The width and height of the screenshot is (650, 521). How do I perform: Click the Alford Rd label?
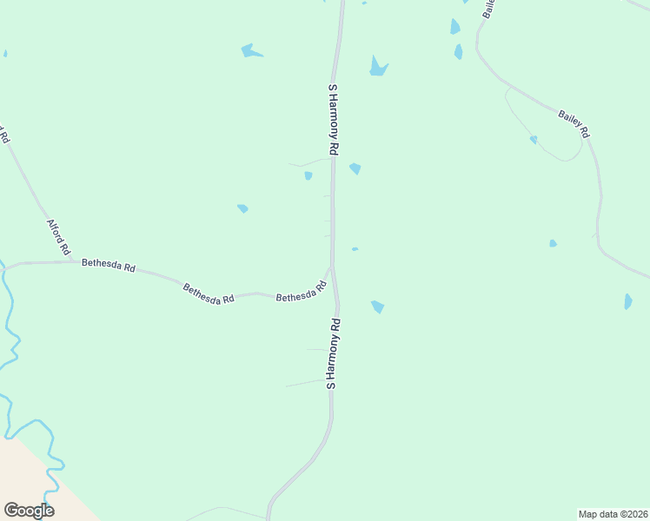[x=58, y=237]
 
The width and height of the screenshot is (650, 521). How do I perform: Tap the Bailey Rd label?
[x=574, y=122]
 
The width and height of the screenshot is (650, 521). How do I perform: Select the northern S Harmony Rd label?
[x=333, y=119]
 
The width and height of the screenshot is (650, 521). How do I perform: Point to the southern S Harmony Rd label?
[x=333, y=353]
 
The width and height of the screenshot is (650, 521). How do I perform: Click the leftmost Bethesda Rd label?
[x=109, y=266]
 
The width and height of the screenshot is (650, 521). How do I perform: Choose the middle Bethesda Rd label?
[x=209, y=293]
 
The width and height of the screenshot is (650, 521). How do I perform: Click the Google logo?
[x=29, y=511]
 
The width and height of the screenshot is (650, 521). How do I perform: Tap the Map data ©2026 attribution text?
[x=613, y=514]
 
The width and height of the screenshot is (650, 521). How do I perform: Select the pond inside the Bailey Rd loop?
[x=534, y=139]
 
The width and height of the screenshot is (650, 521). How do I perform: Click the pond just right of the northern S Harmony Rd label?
[x=355, y=168]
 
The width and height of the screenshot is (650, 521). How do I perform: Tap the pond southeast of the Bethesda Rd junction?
[x=377, y=307]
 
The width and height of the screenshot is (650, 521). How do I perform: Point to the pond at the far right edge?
[x=627, y=301]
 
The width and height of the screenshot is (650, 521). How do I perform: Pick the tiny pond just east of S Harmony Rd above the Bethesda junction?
[x=355, y=249]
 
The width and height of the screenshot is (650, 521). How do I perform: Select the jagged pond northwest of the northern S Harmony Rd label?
[x=250, y=51]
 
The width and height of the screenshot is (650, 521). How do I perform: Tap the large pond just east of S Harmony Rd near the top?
[x=377, y=67]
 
